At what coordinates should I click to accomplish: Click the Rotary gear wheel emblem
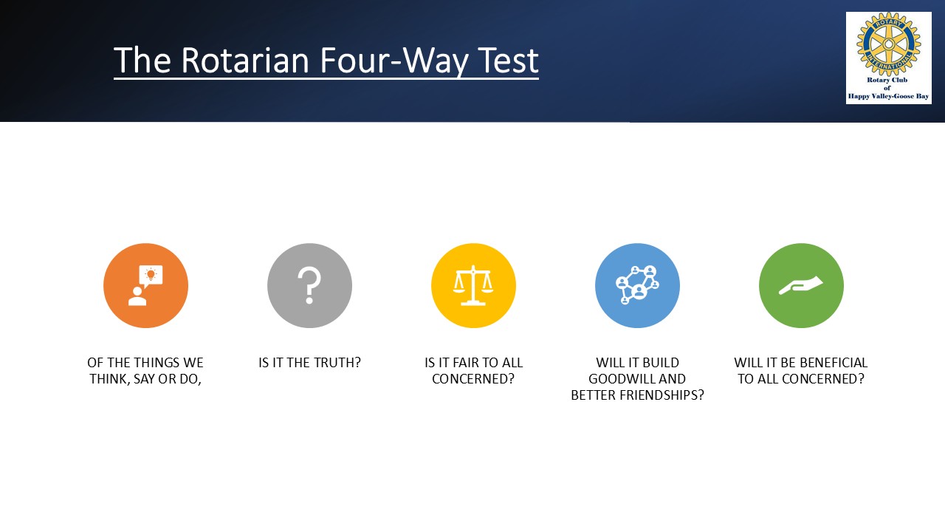[888, 44]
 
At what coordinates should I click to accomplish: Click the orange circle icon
[145, 286]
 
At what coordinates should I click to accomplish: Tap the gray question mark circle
[309, 286]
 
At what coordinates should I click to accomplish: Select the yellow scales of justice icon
[473, 286]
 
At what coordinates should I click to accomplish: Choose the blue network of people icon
[637, 286]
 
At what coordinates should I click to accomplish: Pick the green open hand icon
[801, 286]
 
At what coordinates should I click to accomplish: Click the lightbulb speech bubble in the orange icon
[151, 276]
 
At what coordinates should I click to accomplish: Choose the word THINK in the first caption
[110, 379]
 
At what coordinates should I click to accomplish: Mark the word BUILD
[660, 363]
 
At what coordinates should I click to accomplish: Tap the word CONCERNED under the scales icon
[473, 379]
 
